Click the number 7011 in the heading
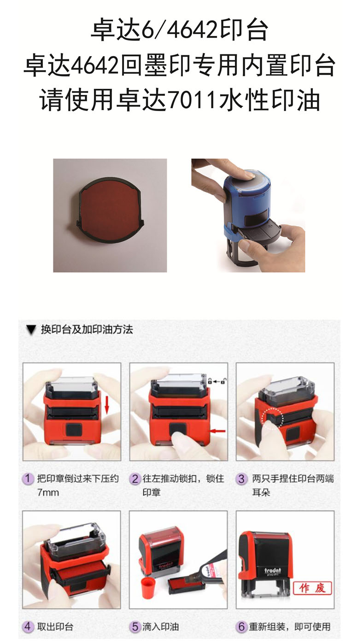[x=192, y=100]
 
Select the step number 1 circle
[x=28, y=479]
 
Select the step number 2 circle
[x=135, y=479]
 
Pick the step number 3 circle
[x=241, y=479]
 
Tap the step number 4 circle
[x=28, y=626]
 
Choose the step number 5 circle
[x=135, y=626]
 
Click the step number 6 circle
[x=241, y=626]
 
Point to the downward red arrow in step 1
[x=107, y=404]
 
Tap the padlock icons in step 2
[x=217, y=381]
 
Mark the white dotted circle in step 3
[x=273, y=418]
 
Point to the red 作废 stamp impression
[x=312, y=588]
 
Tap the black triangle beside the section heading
[x=31, y=330]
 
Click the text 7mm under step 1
[x=48, y=492]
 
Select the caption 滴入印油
[x=161, y=626]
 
